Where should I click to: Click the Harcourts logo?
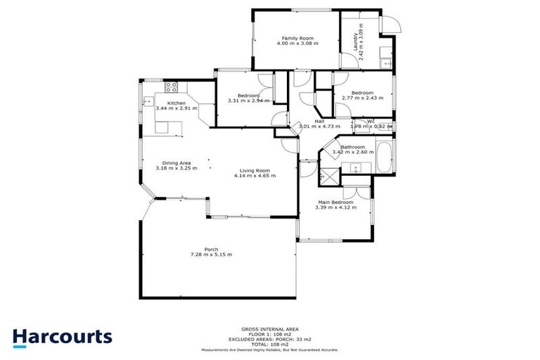(62, 337)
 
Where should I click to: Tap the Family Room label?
(297, 38)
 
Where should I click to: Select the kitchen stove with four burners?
(171, 88)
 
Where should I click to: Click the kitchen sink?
(148, 102)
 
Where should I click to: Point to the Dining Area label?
(176, 162)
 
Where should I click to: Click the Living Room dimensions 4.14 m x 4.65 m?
(255, 176)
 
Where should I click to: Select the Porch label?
(211, 249)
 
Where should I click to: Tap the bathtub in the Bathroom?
(385, 157)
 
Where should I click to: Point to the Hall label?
(319, 121)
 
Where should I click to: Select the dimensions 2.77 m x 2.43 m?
(362, 98)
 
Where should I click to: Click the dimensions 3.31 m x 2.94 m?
(248, 101)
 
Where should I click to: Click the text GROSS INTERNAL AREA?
(270, 329)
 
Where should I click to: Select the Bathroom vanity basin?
(356, 167)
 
